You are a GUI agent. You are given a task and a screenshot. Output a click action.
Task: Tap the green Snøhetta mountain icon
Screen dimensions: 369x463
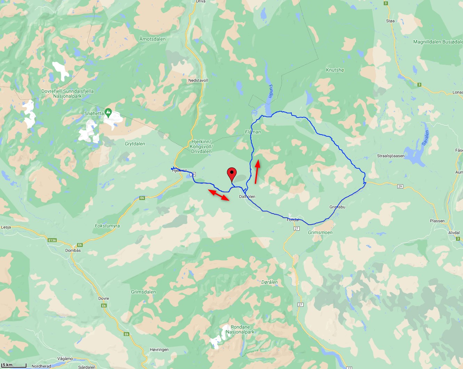click(108, 112)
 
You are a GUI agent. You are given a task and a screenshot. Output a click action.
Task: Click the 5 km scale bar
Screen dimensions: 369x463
click(14, 366)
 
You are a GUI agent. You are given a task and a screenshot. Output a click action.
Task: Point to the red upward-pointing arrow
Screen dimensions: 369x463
click(257, 171)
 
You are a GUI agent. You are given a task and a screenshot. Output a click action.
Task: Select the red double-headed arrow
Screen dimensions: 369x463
click(219, 195)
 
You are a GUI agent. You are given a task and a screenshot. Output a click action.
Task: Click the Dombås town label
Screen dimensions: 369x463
click(73, 250)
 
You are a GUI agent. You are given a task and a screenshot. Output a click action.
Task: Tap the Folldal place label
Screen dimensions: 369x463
click(293, 220)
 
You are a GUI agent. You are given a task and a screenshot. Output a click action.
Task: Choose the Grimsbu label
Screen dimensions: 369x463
click(337, 207)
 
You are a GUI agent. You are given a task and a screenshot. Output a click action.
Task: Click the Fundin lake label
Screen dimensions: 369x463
click(271, 91)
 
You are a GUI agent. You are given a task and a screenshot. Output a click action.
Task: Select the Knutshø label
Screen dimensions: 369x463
click(335, 70)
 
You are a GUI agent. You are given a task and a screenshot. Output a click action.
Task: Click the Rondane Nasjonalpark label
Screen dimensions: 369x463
click(240, 329)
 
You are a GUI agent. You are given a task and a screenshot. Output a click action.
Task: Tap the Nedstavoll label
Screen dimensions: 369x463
click(198, 80)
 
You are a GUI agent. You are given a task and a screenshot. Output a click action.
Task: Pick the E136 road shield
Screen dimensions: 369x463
click(52, 240)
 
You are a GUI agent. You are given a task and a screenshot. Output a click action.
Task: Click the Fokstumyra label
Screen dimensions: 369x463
click(107, 226)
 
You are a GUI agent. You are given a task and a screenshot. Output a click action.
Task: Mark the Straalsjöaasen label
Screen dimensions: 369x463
click(391, 156)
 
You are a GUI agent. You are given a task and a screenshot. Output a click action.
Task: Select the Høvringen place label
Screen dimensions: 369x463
click(159, 350)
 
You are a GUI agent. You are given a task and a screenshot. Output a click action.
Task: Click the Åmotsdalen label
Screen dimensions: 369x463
click(153, 39)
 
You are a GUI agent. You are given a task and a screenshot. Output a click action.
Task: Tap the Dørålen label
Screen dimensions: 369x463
click(269, 282)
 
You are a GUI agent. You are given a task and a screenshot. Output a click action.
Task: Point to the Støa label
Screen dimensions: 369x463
click(390, 21)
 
